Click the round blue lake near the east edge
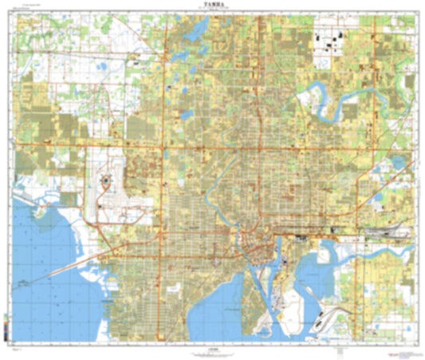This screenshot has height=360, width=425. (x=399, y=163)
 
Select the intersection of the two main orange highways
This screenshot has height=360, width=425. (x=165, y=148)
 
